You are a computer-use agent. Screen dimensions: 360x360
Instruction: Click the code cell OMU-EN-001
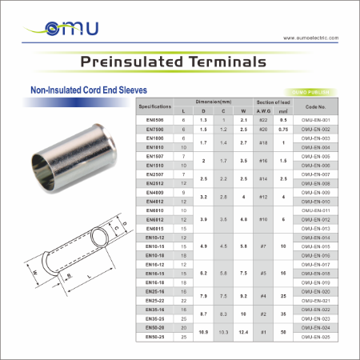(x=316, y=119)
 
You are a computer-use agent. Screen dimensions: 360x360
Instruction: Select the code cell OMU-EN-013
(x=316, y=228)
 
